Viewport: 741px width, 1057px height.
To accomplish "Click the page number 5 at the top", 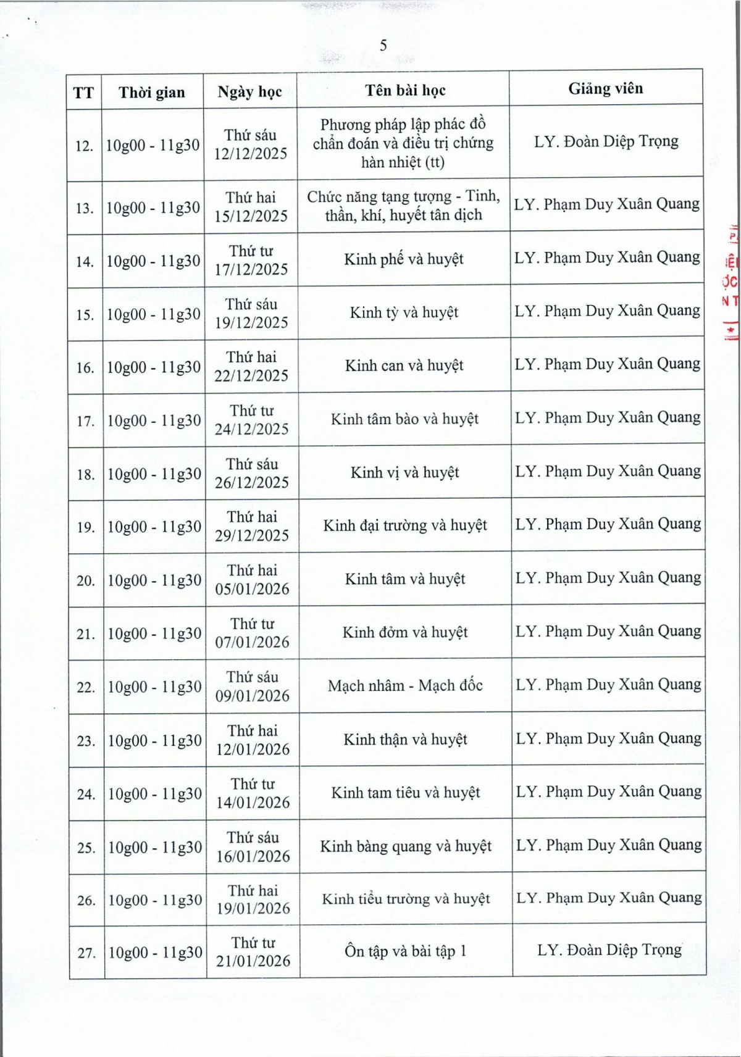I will coord(383,46).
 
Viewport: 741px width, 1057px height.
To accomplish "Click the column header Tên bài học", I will coord(405,91).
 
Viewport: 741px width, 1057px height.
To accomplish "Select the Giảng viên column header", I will coord(605,89).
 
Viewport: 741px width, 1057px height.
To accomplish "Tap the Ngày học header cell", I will coord(249,92).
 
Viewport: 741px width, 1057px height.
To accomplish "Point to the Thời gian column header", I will coord(152,93).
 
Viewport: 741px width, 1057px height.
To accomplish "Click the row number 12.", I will coord(84,146).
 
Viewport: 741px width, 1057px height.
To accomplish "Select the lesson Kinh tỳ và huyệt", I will coord(404,312).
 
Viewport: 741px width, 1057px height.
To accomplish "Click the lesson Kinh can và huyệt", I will coord(404,366).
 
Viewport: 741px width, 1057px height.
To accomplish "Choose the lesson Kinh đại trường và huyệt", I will coord(405,525).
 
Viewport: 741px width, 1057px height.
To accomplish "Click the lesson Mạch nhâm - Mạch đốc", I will coord(405,685).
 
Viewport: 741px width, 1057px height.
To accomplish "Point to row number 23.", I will coord(86,741).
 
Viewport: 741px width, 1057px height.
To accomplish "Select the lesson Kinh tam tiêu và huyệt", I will coord(405,793).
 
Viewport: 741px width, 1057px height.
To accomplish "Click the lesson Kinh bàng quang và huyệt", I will coord(406,846).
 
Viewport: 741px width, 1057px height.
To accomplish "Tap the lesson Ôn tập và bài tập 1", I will coord(405,951).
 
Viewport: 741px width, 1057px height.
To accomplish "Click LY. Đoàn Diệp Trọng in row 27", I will coord(609,950).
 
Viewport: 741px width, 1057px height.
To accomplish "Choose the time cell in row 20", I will coord(154,580).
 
